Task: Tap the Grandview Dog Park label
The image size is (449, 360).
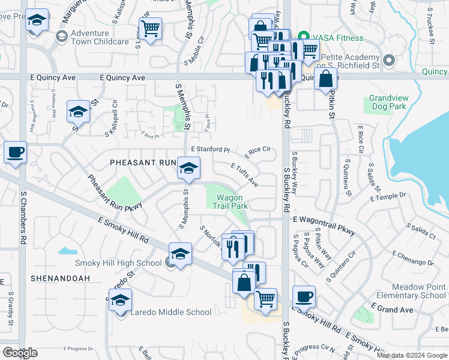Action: pyautogui.click(x=388, y=102)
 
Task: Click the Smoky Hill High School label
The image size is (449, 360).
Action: pyautogui.click(x=118, y=263)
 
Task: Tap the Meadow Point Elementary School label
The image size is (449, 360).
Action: pyautogui.click(x=412, y=291)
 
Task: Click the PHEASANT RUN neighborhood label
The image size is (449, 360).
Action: pyautogui.click(x=143, y=163)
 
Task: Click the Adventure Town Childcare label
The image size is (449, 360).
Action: pyautogui.click(x=100, y=37)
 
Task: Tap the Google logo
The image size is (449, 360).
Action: pyautogui.click(x=20, y=353)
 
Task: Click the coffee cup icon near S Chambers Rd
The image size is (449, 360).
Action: pyautogui.click(x=16, y=152)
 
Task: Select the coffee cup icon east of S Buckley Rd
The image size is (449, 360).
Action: pyautogui.click(x=304, y=296)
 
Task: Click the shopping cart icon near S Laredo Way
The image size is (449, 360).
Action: pyautogui.click(x=149, y=28)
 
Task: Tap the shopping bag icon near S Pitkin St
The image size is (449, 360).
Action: pyautogui.click(x=325, y=79)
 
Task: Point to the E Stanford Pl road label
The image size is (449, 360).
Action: pyautogui.click(x=210, y=149)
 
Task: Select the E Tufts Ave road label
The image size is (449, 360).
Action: pyautogui.click(x=244, y=174)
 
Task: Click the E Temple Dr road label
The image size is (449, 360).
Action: pyautogui.click(x=388, y=197)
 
